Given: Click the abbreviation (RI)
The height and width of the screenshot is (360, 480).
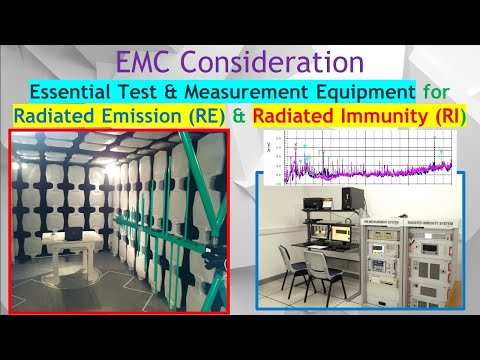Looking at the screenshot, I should click(x=446, y=117).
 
